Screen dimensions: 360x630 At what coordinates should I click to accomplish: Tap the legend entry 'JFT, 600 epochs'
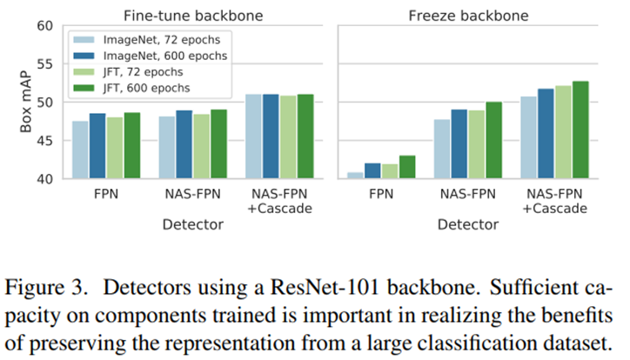[152, 88]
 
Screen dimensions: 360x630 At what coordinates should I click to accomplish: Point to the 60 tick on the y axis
[43, 26]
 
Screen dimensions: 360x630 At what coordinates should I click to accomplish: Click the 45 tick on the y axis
[43, 141]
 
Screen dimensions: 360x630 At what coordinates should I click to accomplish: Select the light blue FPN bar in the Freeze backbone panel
[355, 175]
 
